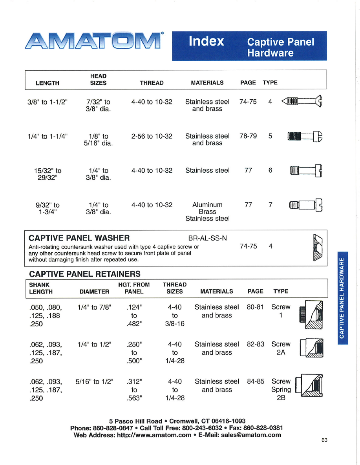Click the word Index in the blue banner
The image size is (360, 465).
206,41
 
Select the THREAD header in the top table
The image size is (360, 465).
152,83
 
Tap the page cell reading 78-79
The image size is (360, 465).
248,136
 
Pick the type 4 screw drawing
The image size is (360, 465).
302,102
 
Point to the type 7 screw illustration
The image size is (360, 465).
306,205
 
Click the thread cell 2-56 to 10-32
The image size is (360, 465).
152,136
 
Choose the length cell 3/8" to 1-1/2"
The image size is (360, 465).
48,102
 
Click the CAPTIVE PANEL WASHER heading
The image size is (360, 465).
79,238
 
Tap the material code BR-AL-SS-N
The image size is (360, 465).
207,238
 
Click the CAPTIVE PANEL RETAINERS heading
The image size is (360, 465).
85,274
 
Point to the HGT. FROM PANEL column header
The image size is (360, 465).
134,288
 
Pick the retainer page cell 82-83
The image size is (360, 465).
256,344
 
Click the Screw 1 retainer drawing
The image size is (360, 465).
311,314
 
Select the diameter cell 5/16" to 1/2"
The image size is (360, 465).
94,381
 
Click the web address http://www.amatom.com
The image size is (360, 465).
154,435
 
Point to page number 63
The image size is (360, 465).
324,440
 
